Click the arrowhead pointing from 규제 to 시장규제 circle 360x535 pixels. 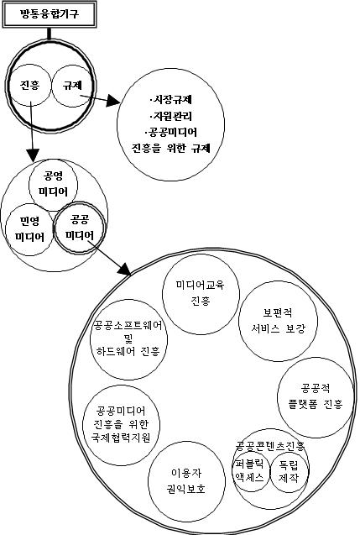point(113,101)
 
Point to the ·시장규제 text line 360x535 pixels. point(170,99)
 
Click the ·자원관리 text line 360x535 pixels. point(170,116)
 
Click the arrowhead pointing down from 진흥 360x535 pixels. point(33,155)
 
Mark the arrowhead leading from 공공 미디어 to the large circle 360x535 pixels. point(125,269)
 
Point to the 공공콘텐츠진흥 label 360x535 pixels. point(270,446)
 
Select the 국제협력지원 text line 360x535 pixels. point(121,438)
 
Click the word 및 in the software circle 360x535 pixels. point(129,338)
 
